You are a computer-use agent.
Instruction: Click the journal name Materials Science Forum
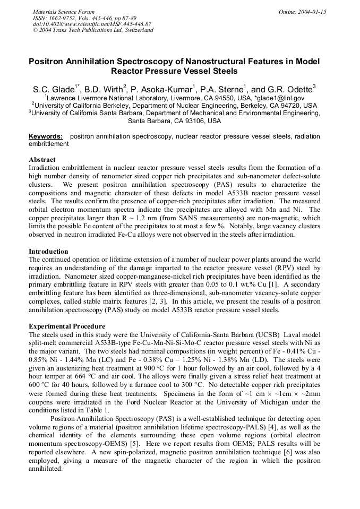(64, 12)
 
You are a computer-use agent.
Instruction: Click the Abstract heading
(41, 159)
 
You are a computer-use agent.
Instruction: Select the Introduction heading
(48, 251)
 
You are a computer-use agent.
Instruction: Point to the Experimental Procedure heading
(67, 326)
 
